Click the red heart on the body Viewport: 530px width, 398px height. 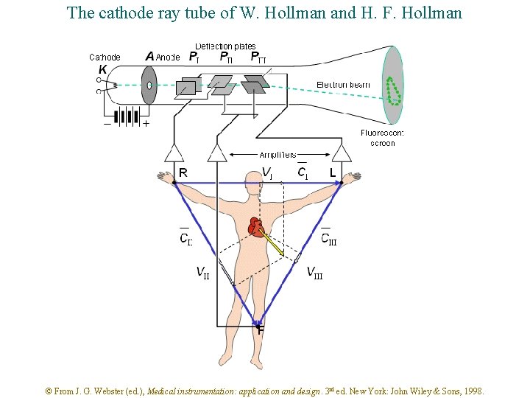255,226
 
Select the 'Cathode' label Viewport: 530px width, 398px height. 105,57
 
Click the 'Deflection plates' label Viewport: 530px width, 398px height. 225,46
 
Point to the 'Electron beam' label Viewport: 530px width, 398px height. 343,85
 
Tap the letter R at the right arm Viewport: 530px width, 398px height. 183,173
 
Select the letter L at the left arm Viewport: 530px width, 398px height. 333,173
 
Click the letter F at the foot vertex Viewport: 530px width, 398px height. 261,331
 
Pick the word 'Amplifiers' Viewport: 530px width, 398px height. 278,155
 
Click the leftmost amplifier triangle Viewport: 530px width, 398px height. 174,153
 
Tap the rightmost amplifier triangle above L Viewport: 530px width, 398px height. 341,153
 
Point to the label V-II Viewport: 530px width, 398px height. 202,273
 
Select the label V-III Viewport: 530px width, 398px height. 314,273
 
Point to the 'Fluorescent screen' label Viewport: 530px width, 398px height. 382,138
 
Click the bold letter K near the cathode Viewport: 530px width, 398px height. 102,70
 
